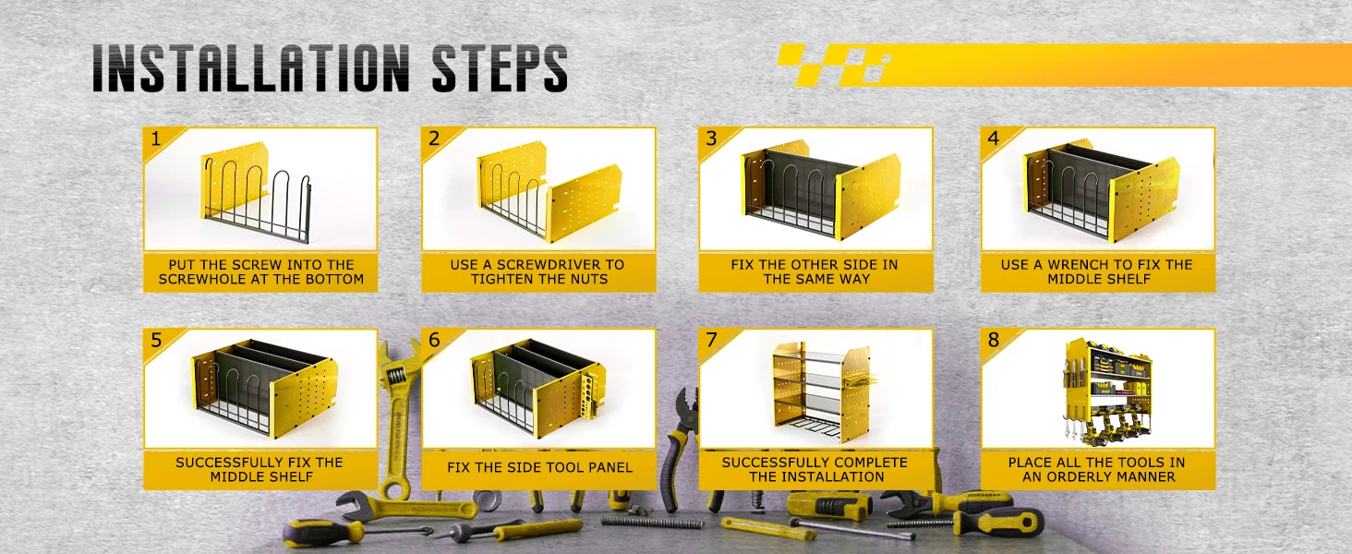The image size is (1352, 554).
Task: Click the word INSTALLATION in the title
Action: (251, 68)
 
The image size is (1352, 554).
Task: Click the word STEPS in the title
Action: (500, 68)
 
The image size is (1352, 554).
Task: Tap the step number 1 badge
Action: (156, 139)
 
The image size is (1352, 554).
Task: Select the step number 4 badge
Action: (994, 138)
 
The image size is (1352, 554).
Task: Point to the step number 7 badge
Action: (712, 340)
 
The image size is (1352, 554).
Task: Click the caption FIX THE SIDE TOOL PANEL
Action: (539, 467)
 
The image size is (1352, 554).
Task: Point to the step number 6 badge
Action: (434, 340)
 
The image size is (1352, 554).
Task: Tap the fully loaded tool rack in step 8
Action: (1106, 392)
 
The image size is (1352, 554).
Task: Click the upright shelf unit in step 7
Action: (820, 392)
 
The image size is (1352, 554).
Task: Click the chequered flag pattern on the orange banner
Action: (834, 65)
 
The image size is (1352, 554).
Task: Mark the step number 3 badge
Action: (712, 138)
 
